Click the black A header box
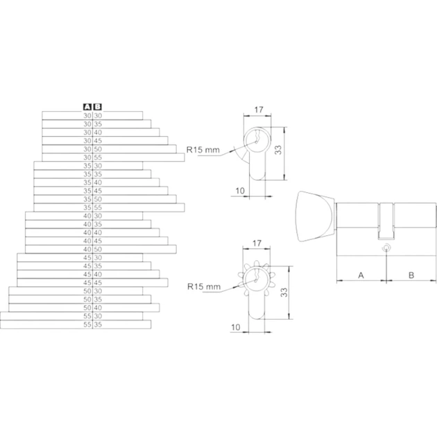(87, 107)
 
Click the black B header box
(98, 107)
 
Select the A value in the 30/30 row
(87, 116)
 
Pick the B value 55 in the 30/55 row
(98, 157)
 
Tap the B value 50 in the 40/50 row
(98, 249)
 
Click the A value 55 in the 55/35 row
(87, 325)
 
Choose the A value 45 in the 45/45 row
(87, 282)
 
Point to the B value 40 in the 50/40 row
(98, 308)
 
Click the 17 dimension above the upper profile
(259, 110)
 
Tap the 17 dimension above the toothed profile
(257, 243)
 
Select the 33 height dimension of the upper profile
(278, 150)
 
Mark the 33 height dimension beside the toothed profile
(284, 292)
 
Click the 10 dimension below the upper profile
(240, 191)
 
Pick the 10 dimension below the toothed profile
(236, 327)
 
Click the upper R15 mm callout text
(203, 150)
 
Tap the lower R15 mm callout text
(204, 286)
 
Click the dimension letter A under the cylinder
(361, 275)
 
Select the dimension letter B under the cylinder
(411, 275)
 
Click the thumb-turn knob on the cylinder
(316, 216)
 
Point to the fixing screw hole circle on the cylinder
(386, 248)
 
